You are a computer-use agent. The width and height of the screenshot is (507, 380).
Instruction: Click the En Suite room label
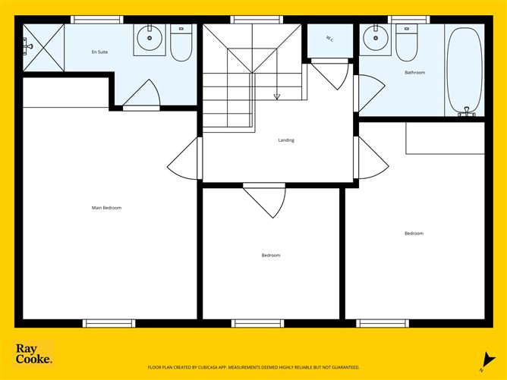tap(99, 52)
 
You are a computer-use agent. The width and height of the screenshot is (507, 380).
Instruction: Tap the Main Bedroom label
tap(106, 207)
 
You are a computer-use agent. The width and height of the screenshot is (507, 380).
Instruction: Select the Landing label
tap(286, 140)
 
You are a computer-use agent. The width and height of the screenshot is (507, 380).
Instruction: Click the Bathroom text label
tap(414, 73)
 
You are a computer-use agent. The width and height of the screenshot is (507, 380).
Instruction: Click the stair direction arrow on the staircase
tap(276, 96)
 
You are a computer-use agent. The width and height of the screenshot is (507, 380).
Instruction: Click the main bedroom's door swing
tap(184, 160)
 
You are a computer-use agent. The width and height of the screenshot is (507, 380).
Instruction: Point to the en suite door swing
tap(143, 96)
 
